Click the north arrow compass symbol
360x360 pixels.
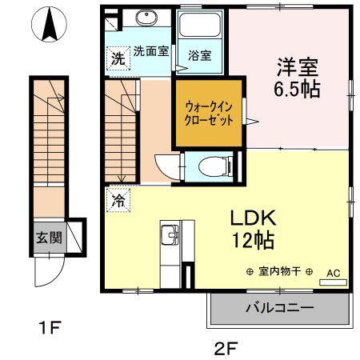click(49, 24)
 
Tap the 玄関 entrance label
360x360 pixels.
click(50, 238)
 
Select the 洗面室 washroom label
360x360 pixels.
click(151, 51)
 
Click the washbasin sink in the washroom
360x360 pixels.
click(146, 18)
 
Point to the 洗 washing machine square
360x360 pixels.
click(118, 58)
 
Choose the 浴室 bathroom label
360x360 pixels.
click(200, 56)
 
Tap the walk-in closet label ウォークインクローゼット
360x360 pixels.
click(209, 114)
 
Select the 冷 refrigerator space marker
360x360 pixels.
click(118, 200)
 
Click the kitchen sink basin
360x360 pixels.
click(170, 234)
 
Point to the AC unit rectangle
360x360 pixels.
click(334, 282)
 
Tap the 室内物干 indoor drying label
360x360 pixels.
click(280, 272)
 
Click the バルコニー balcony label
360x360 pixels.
click(280, 308)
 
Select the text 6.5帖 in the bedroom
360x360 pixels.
click(297, 89)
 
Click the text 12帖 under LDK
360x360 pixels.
click(253, 240)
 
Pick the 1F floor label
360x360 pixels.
click(50, 327)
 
